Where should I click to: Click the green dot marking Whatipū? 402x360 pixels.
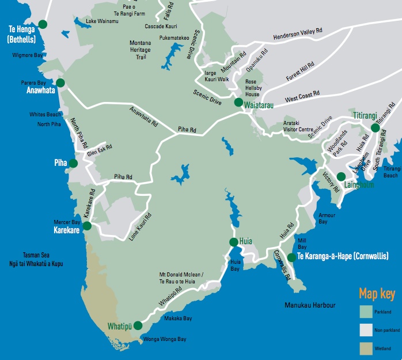click(138, 325)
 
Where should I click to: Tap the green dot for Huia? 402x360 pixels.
click(233, 242)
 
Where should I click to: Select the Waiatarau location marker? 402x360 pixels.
click(238, 103)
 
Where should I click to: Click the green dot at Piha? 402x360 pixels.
click(73, 164)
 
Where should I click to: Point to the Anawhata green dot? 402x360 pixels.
click(60, 83)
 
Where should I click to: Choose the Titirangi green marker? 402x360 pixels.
click(375, 127)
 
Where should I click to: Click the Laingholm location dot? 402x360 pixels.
click(341, 176)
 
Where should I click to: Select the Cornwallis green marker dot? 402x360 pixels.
click(291, 257)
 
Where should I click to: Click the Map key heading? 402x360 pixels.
click(377, 294)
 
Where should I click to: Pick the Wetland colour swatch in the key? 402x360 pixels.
click(366, 348)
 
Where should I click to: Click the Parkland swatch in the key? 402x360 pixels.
click(366, 312)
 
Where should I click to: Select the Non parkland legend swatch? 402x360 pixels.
click(366, 330)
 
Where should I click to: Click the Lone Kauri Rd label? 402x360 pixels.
click(141, 226)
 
